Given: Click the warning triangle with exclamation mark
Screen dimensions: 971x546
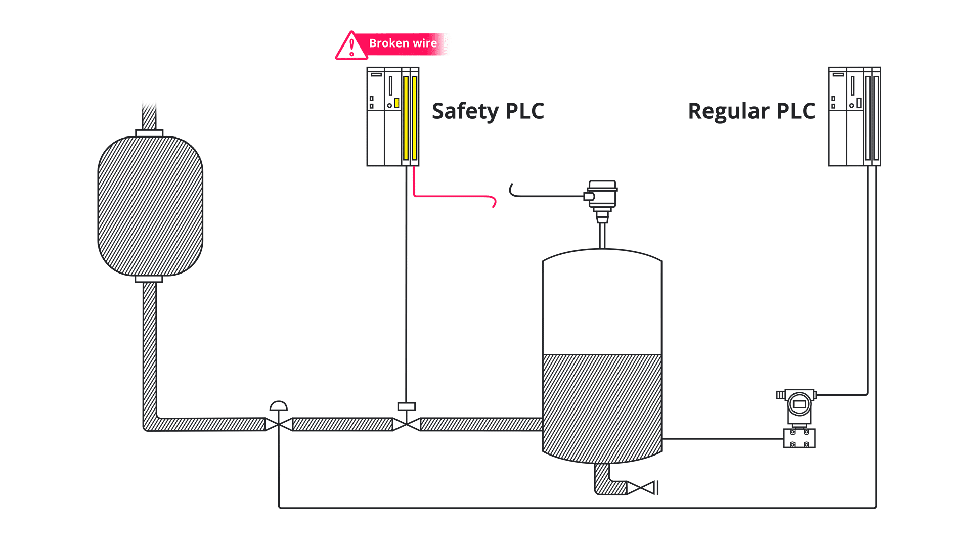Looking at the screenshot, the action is pyautogui.click(x=351, y=47).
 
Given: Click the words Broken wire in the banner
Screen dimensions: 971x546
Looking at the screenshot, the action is pyautogui.click(x=403, y=43).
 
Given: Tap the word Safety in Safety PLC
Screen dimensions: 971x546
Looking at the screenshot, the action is pyautogui.click(x=465, y=111).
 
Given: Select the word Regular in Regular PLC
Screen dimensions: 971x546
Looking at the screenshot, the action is pyautogui.click(x=729, y=111).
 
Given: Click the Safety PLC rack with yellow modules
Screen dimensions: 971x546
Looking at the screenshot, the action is pyautogui.click(x=393, y=117).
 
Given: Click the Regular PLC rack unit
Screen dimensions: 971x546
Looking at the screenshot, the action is pyautogui.click(x=855, y=117).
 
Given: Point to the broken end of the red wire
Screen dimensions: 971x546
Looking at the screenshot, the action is pyautogui.click(x=494, y=204).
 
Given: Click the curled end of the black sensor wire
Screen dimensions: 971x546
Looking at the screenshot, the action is pyautogui.click(x=511, y=189).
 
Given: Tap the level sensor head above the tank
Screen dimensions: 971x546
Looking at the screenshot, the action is pyautogui.click(x=602, y=195).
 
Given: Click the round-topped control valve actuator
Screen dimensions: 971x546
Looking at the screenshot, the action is pyautogui.click(x=279, y=406).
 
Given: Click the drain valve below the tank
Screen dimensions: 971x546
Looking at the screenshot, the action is pyautogui.click(x=641, y=488).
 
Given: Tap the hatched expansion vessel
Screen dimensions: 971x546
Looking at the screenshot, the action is pyautogui.click(x=150, y=206).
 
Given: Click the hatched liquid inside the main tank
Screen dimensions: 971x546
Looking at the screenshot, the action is pyautogui.click(x=602, y=404).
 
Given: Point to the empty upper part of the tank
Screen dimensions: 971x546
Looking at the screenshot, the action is pyautogui.click(x=602, y=303).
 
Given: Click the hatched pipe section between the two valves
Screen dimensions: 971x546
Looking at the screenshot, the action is pyautogui.click(x=342, y=424).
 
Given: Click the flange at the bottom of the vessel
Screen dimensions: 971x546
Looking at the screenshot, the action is pyautogui.click(x=149, y=279).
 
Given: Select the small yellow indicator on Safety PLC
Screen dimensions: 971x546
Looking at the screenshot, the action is pyautogui.click(x=397, y=103).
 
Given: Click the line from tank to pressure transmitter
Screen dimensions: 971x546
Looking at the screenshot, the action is pyautogui.click(x=723, y=439).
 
